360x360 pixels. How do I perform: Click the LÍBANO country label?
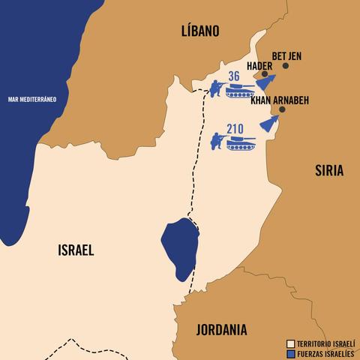pyautogui.click(x=199, y=31)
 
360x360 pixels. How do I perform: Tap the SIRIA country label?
pyautogui.click(x=328, y=170)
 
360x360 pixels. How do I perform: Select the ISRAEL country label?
pyautogui.click(x=76, y=250)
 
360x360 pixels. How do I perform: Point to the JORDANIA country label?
pyautogui.click(x=221, y=328)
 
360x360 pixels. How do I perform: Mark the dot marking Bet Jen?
pyautogui.click(x=286, y=67)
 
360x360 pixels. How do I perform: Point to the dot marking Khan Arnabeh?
pyautogui.click(x=281, y=109)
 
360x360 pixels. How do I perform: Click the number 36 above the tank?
pyautogui.click(x=233, y=76)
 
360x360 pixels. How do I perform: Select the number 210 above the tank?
pyautogui.click(x=235, y=127)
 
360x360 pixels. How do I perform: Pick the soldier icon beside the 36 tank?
pyautogui.click(x=215, y=89)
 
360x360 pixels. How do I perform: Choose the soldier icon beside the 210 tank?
pyautogui.click(x=217, y=140)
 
